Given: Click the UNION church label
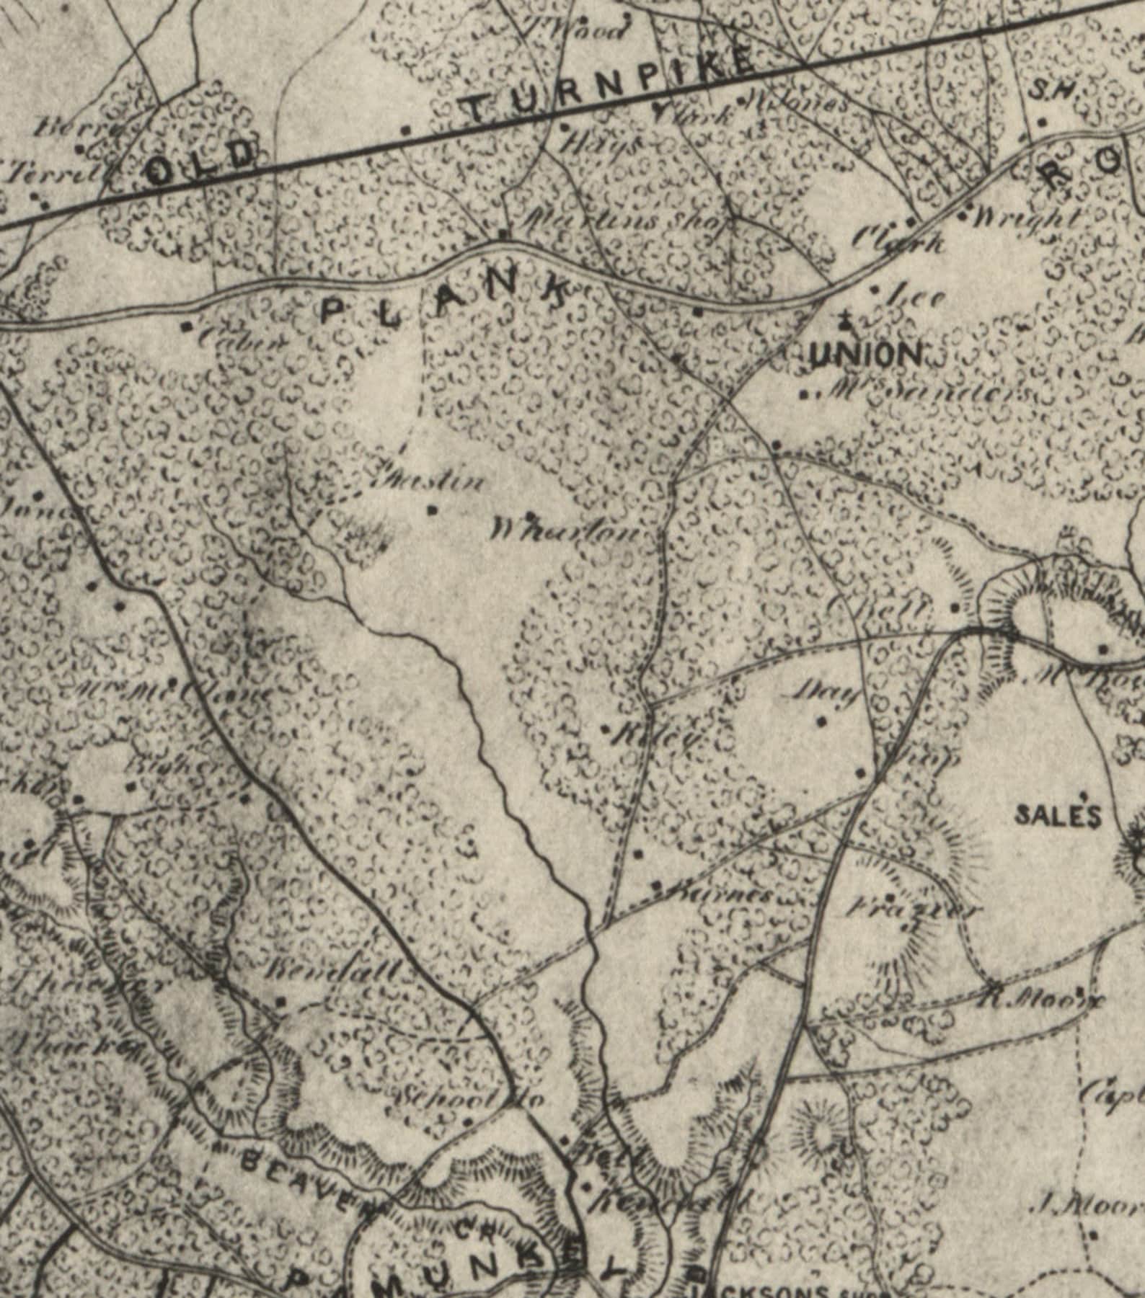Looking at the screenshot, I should point(866,355).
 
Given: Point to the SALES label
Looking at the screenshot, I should point(1058,816).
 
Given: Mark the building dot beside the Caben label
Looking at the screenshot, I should point(188,326).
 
